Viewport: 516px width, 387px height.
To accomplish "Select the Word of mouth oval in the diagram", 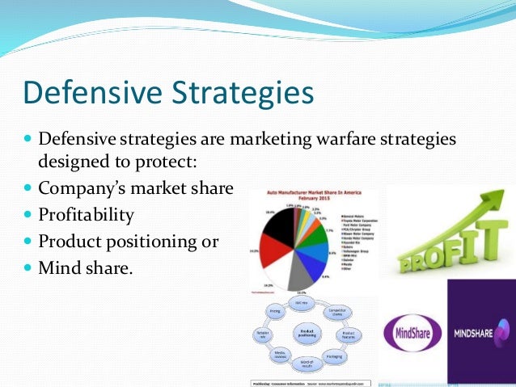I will (x=307, y=362).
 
